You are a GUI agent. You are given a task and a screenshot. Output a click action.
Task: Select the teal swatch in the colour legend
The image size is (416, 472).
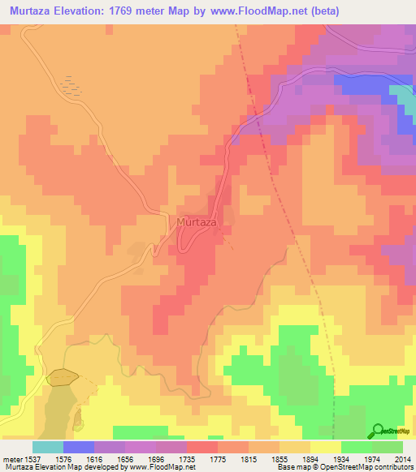point(48,447)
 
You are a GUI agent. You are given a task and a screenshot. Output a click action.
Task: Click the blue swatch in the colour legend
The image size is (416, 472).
point(79,447)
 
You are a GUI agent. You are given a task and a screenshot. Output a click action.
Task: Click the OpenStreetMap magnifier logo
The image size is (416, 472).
point(378,431)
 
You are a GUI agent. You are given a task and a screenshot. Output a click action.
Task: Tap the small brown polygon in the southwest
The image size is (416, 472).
point(63,376)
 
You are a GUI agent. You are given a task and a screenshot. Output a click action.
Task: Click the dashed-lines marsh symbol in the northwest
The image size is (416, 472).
point(72,86)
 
